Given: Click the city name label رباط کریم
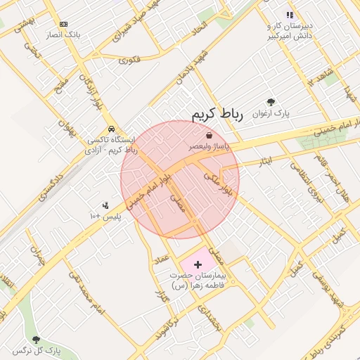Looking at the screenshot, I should [x=217, y=115].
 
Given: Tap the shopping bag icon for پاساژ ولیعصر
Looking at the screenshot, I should [x=209, y=135].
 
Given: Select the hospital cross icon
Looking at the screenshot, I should [x=198, y=264].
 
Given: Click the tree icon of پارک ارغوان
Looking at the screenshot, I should [x=271, y=102].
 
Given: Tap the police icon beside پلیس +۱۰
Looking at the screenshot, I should [x=105, y=205].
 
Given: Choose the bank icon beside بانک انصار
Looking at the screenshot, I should [x=63, y=24].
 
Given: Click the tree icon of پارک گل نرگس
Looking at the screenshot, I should [x=17, y=350].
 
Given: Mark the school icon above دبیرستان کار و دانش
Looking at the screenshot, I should [x=289, y=15].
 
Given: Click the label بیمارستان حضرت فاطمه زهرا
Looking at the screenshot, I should [x=198, y=281].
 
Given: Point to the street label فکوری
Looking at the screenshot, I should [x=129, y=60].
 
